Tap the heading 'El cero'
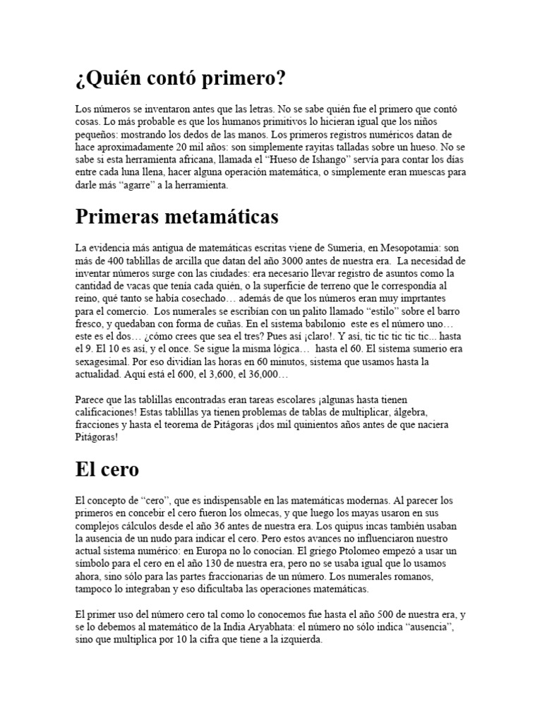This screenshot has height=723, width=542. (107, 470)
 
